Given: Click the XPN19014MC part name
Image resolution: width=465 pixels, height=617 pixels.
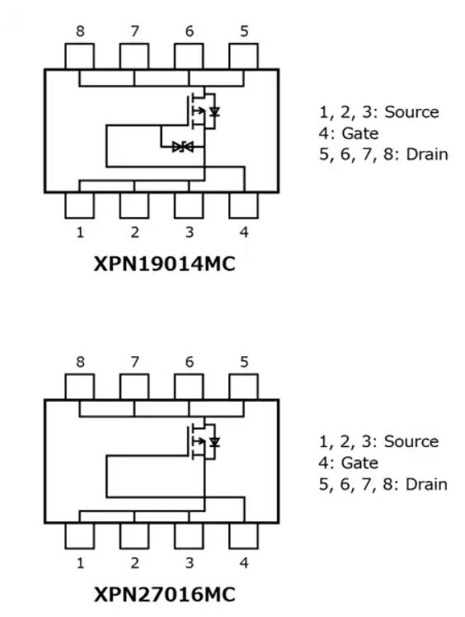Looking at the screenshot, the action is pos(164,264).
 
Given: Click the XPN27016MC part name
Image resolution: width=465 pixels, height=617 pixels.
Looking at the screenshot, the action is pos(164,594).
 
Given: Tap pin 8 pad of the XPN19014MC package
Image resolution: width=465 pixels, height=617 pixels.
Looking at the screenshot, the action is pos(79,56).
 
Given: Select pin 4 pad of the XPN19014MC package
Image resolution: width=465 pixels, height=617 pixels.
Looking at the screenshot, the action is pos(243,205).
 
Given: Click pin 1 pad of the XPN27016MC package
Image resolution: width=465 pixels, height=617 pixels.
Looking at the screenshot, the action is pos(79,535).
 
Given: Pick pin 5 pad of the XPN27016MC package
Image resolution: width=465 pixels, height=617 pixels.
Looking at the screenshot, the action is pos(243,387).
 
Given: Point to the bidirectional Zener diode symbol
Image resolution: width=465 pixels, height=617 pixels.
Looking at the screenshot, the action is pos(182,147).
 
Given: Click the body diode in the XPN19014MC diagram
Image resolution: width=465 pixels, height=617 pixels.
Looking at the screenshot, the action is pos(214,112).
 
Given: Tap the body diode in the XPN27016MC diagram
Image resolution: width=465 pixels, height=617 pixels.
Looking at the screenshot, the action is pos(214,442).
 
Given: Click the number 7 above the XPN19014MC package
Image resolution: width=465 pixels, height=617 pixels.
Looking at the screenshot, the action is pos(135,31).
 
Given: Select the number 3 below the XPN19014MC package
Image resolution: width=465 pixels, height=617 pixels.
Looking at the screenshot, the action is pos(190,232).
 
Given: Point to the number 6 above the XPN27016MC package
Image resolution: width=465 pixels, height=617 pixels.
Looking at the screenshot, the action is pos(190,361).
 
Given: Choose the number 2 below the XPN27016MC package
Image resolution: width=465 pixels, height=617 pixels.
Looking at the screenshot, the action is pos(134,563).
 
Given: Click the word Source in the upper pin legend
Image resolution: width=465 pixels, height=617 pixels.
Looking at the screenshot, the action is pos(411,112).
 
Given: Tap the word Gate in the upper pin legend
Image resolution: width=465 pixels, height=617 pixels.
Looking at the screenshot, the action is pos(360,134).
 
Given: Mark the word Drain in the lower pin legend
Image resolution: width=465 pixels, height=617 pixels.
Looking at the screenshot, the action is pos(426,484).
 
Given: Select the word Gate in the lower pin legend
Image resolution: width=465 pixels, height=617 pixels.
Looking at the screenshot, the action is pos(359,463).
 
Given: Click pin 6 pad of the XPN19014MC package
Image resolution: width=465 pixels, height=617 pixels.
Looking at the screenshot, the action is pos(189,56).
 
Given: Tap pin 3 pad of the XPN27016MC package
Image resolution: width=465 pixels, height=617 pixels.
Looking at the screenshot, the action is pos(189,535).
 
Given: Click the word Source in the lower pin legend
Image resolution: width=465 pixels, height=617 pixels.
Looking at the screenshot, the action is pos(411,441).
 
